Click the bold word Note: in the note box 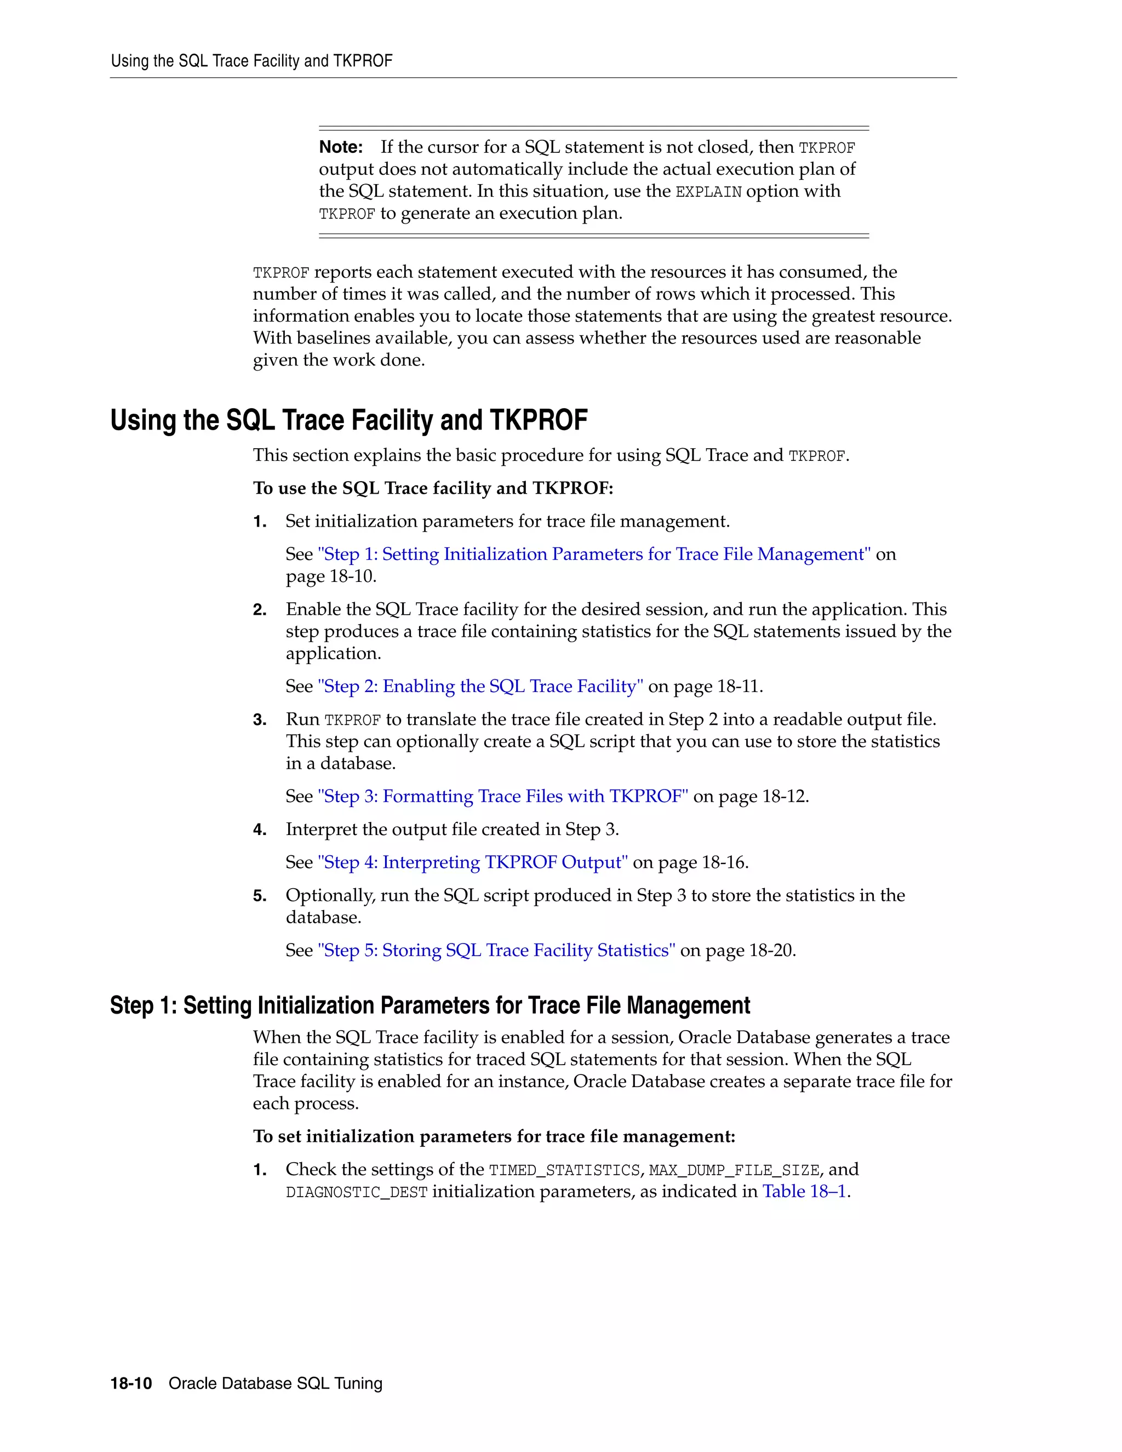tap(341, 147)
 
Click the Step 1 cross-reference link tap(593, 554)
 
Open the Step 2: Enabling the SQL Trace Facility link tap(480, 686)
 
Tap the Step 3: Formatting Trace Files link tap(502, 797)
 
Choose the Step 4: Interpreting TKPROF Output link tap(472, 862)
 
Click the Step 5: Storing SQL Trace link tap(496, 951)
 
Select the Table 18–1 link tap(804, 1191)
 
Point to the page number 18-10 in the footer tap(131, 1384)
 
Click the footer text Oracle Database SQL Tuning tap(275, 1384)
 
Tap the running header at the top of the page tap(251, 61)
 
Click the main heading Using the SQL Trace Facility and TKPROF tap(348, 420)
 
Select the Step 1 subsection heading tap(430, 1005)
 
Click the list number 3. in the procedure tap(259, 720)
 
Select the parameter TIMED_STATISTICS tap(564, 1171)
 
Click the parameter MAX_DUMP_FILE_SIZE tap(734, 1171)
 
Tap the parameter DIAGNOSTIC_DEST tap(356, 1193)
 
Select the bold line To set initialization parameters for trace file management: tap(494, 1137)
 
